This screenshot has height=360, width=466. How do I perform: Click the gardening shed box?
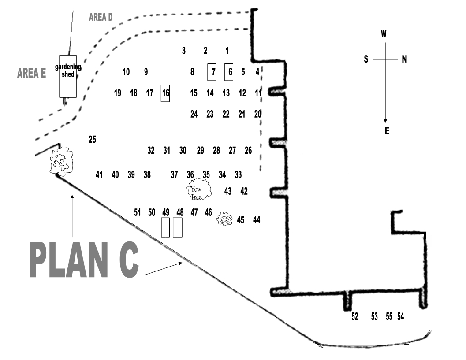pyautogui.click(x=68, y=76)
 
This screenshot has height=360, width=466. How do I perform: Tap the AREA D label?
pyautogui.click(x=101, y=18)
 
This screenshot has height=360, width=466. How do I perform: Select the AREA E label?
pyautogui.click(x=31, y=73)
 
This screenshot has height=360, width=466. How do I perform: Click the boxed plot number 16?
pyautogui.click(x=166, y=93)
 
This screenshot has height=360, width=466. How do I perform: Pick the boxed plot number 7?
pyautogui.click(x=212, y=72)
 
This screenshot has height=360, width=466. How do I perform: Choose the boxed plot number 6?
pyautogui.click(x=229, y=72)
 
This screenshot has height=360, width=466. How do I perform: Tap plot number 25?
pyautogui.click(x=92, y=140)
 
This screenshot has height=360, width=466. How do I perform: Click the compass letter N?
pyautogui.click(x=404, y=59)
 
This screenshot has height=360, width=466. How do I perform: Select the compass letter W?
pyautogui.click(x=384, y=33)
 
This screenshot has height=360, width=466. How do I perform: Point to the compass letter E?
pyautogui.click(x=387, y=131)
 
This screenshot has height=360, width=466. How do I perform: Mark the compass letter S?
pyautogui.click(x=366, y=59)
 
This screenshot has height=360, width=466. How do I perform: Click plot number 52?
pyautogui.click(x=355, y=316)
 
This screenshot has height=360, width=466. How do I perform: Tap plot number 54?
pyautogui.click(x=400, y=316)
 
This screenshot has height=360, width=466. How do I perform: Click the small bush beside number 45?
pyautogui.click(x=225, y=219)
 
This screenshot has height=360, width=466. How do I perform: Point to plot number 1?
pyautogui.click(x=227, y=51)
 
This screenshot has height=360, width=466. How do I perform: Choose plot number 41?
pyautogui.click(x=99, y=174)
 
